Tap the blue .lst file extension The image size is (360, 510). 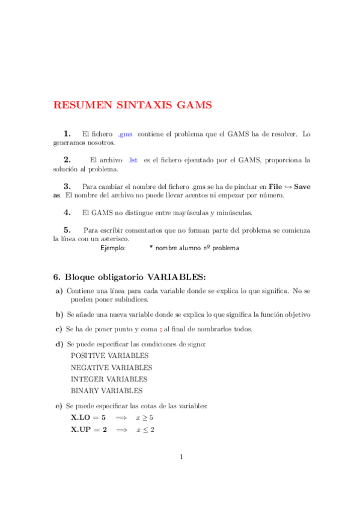point(133,160)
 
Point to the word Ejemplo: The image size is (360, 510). point(113,248)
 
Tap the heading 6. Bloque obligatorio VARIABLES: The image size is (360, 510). point(129,277)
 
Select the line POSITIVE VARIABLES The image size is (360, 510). point(109,355)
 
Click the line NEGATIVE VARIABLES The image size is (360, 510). point(111,367)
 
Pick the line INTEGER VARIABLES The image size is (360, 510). point(109,379)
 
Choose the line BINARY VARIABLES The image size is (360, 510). point(107,391)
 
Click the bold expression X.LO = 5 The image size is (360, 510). point(88,417)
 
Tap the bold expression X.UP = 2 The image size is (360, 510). point(89,429)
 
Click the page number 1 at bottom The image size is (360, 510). point(180,457)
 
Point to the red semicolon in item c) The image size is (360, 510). point(160,329)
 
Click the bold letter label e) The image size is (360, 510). point(59,406)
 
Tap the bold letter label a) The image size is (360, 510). point(59,291)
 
